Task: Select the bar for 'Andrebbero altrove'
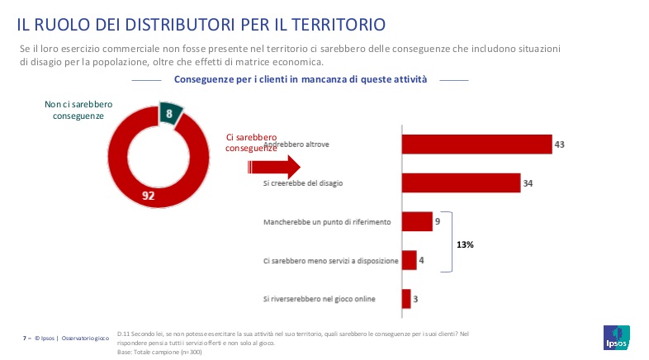coord(476,144)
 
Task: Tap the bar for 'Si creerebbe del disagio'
coord(461,182)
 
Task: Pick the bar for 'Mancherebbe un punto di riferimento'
coord(417,221)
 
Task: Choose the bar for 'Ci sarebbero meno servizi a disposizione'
coord(409,261)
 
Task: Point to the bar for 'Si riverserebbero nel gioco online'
coord(406,299)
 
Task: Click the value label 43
coord(559,144)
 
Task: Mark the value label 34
coord(528,183)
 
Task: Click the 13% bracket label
coord(467,244)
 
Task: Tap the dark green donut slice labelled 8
coord(170,114)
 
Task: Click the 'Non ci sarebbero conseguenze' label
coord(78,111)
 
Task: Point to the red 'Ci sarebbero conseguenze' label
coord(251,143)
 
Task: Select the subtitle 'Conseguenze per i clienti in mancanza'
coord(301,80)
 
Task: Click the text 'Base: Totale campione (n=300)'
coord(160,352)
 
